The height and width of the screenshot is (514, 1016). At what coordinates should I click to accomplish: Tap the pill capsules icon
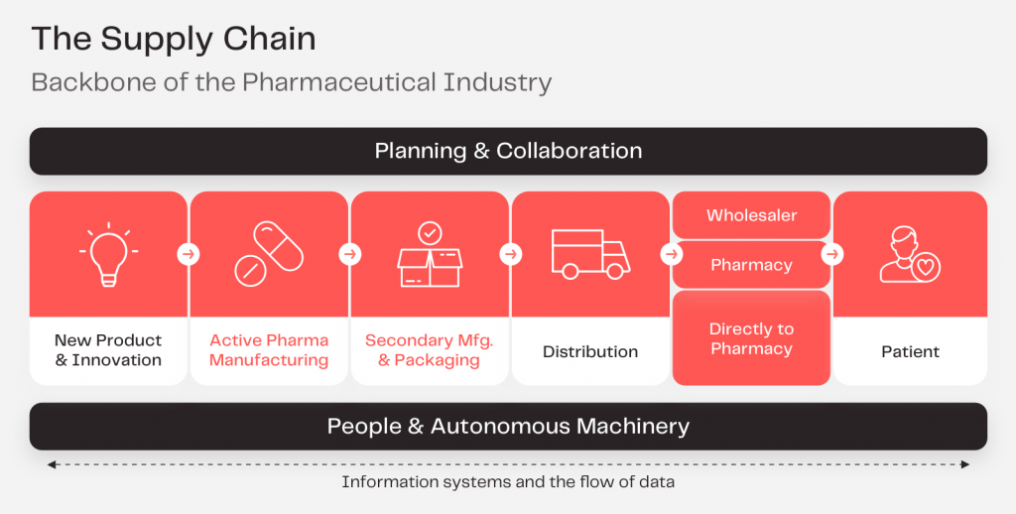pyautogui.click(x=269, y=254)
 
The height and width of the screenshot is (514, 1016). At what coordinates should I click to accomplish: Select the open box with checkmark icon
pyautogui.click(x=429, y=254)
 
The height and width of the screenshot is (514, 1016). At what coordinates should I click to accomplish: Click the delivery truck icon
pyautogui.click(x=589, y=254)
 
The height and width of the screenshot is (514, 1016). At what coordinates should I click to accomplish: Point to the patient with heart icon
pyautogui.click(x=910, y=255)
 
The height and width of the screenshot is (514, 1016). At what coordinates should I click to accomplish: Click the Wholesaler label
pyautogui.click(x=751, y=215)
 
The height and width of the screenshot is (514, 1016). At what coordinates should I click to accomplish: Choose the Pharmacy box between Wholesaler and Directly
pyautogui.click(x=751, y=265)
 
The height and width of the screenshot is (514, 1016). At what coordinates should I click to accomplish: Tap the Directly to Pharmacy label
pyautogui.click(x=751, y=339)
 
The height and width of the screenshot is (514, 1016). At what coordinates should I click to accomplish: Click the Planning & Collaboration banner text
pyautogui.click(x=508, y=151)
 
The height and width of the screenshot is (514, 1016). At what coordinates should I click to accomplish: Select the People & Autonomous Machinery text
pyautogui.click(x=508, y=427)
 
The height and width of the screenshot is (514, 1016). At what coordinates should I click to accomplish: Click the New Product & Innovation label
pyautogui.click(x=108, y=350)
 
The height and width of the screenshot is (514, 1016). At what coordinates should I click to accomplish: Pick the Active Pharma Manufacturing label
pyautogui.click(x=269, y=350)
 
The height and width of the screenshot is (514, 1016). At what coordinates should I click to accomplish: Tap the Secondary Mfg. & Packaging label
pyautogui.click(x=429, y=350)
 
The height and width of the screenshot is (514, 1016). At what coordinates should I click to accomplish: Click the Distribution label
pyautogui.click(x=590, y=351)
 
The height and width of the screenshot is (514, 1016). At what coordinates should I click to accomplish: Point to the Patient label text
pyautogui.click(x=910, y=351)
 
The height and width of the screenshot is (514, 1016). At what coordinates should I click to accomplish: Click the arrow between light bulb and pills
pyautogui.click(x=189, y=255)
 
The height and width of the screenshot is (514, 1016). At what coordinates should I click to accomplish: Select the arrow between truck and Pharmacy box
pyautogui.click(x=672, y=255)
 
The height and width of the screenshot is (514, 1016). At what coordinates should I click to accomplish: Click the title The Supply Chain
pyautogui.click(x=174, y=39)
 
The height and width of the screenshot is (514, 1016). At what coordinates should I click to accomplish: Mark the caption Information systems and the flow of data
pyautogui.click(x=508, y=483)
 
